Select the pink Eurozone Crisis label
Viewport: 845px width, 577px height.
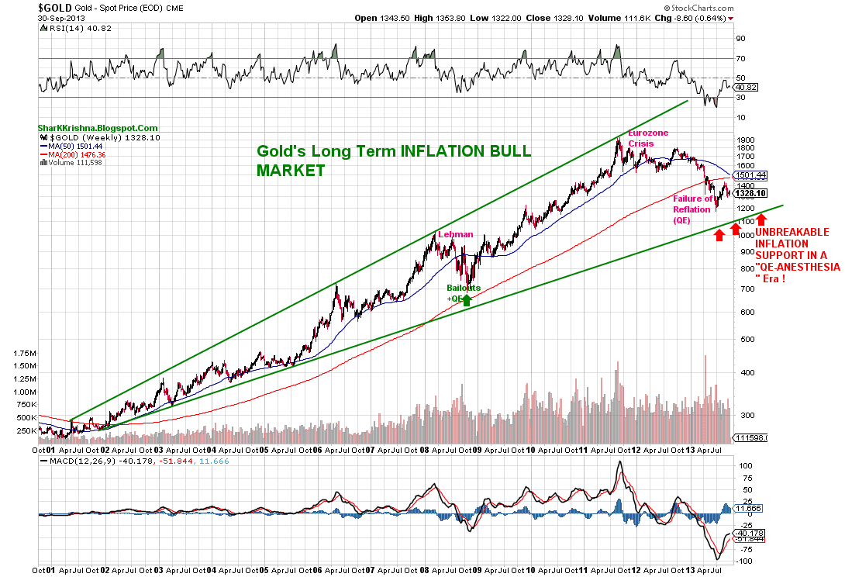pyautogui.click(x=649, y=138)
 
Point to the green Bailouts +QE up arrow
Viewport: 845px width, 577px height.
pyautogui.click(x=467, y=299)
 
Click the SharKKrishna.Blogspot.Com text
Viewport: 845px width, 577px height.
pyautogui.click(x=98, y=129)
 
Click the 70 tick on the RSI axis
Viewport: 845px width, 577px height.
pyautogui.click(x=740, y=58)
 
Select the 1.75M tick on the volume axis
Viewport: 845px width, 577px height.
pyautogui.click(x=25, y=353)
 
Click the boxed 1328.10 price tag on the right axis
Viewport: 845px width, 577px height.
pyautogui.click(x=751, y=194)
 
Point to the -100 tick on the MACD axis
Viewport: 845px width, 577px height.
pyautogui.click(x=745, y=560)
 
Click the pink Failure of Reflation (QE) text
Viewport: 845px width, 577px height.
pyautogui.click(x=693, y=209)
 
